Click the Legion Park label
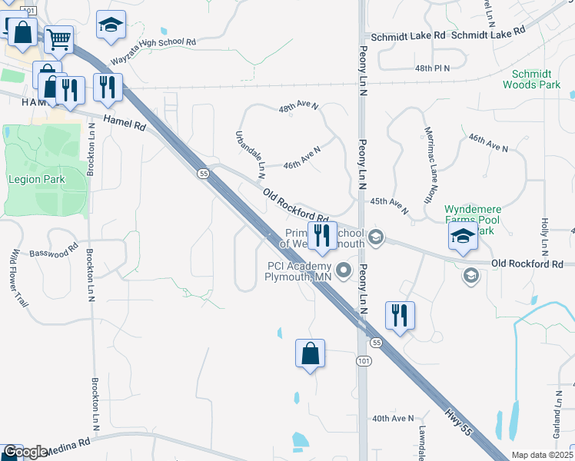(37, 179)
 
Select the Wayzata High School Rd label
(154, 50)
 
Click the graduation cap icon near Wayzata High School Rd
(111, 25)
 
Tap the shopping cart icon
(58, 38)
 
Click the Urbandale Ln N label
(250, 151)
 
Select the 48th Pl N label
(431, 68)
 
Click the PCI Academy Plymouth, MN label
(298, 271)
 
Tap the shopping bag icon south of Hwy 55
(310, 354)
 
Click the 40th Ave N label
(393, 419)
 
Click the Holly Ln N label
(544, 237)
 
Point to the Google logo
(25, 452)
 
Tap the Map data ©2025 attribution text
(541, 455)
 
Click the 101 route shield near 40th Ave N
(363, 360)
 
